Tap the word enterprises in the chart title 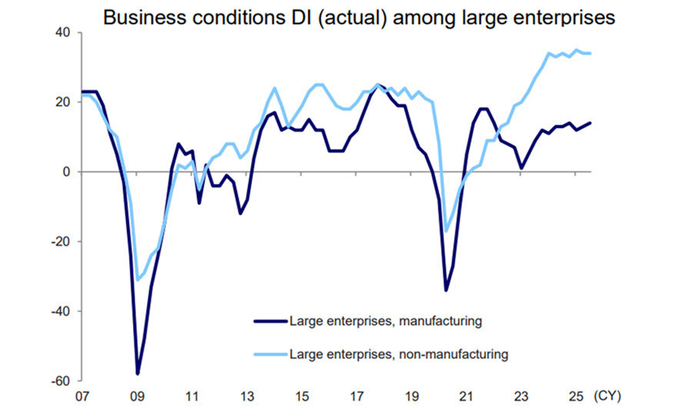(564, 17)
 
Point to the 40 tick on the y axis (62, 32)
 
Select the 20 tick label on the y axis (62, 102)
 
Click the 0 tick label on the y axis (66, 172)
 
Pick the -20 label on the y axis (60, 241)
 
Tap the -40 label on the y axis (60, 311)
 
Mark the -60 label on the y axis (60, 381)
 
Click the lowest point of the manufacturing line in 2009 (137, 374)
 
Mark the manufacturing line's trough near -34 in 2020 (445, 290)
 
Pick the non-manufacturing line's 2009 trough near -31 (137, 280)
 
